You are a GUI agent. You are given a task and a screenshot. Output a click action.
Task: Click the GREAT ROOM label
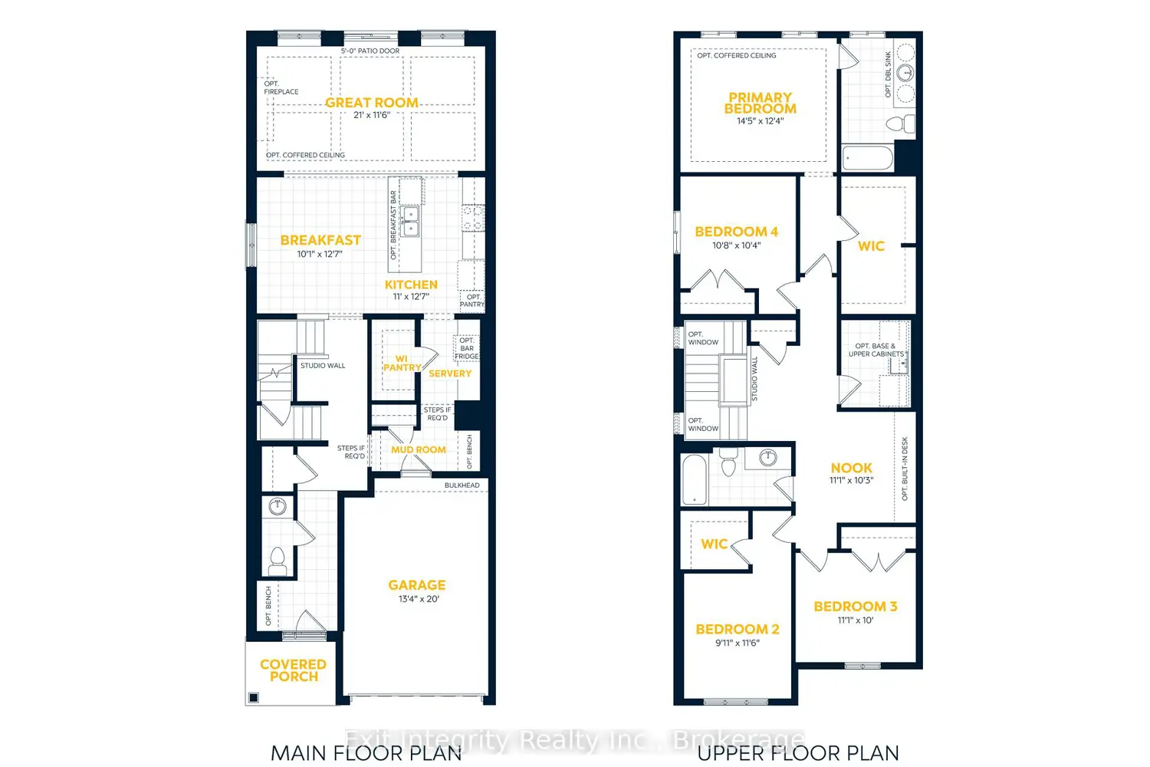pos(372,103)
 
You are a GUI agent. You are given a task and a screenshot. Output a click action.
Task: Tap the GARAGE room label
pos(416,585)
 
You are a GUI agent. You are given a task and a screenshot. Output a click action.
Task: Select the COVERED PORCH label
pos(293,670)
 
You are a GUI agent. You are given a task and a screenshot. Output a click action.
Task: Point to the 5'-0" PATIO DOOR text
pos(370,51)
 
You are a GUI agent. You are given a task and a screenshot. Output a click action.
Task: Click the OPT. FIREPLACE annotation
pos(281,87)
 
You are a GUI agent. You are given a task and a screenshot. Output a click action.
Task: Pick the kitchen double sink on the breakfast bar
pos(411,221)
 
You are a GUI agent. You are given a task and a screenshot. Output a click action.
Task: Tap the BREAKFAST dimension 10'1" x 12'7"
pos(320,254)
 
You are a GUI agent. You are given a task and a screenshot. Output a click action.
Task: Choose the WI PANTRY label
pos(402,363)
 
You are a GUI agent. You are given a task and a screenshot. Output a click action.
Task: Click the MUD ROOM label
pos(418,449)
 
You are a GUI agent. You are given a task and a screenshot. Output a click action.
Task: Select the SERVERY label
pos(450,374)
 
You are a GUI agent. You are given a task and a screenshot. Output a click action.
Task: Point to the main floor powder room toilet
pos(278,559)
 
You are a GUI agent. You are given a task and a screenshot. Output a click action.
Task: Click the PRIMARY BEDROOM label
pos(760,103)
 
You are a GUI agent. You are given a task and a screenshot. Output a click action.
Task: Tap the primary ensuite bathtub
pos(868,159)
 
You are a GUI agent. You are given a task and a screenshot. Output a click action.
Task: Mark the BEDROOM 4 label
pos(736,232)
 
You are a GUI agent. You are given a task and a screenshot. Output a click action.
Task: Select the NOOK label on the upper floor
pos(851,468)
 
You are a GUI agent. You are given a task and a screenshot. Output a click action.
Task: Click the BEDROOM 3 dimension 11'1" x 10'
pos(855,621)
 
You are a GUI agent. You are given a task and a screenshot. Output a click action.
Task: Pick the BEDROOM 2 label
pos(737,629)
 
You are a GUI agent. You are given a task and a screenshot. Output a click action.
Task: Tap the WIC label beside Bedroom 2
pos(714,544)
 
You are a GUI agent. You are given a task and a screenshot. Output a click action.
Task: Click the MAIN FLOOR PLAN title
pos(366,753)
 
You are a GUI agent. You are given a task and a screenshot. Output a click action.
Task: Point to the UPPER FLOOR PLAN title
pos(797,753)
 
